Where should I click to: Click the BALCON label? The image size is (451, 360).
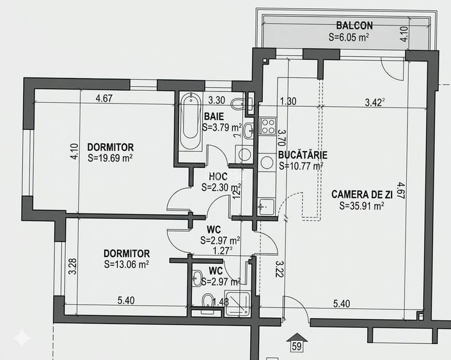tap(354, 26)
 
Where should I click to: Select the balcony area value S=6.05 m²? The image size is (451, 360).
tap(349, 37)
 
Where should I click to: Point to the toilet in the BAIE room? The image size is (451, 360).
tap(238, 104)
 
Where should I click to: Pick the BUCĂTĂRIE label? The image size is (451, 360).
tap(303, 155)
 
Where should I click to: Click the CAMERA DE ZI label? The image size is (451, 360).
tap(357, 194)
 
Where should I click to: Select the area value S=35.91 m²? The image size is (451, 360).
tap(357, 206)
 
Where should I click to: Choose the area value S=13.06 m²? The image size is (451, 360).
tap(127, 264)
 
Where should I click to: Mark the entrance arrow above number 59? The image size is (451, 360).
tap(297, 337)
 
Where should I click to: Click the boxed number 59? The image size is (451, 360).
tap(297, 347)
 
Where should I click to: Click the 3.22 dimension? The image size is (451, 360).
tap(280, 269)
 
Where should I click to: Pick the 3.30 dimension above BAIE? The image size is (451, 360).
tap(216, 100)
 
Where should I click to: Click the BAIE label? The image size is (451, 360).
tap(214, 116)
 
